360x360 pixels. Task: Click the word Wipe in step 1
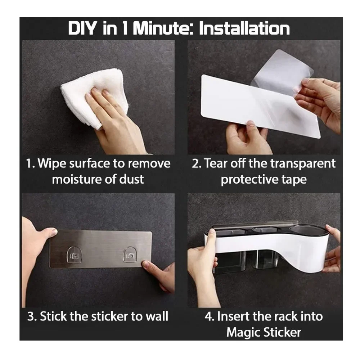tap(52, 164)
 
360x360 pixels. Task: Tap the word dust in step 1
tap(131, 179)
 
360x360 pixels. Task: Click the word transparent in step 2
tap(303, 164)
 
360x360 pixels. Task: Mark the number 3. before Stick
tap(32, 316)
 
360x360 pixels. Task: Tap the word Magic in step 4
tap(243, 333)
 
